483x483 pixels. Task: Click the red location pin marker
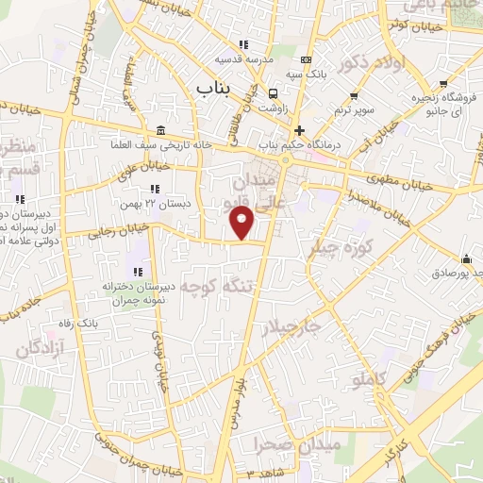242,224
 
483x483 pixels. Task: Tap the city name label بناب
213,87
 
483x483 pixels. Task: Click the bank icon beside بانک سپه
305,60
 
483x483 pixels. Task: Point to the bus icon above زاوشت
273,93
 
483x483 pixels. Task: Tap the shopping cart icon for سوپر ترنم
354,95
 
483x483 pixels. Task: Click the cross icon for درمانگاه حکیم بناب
299,130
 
